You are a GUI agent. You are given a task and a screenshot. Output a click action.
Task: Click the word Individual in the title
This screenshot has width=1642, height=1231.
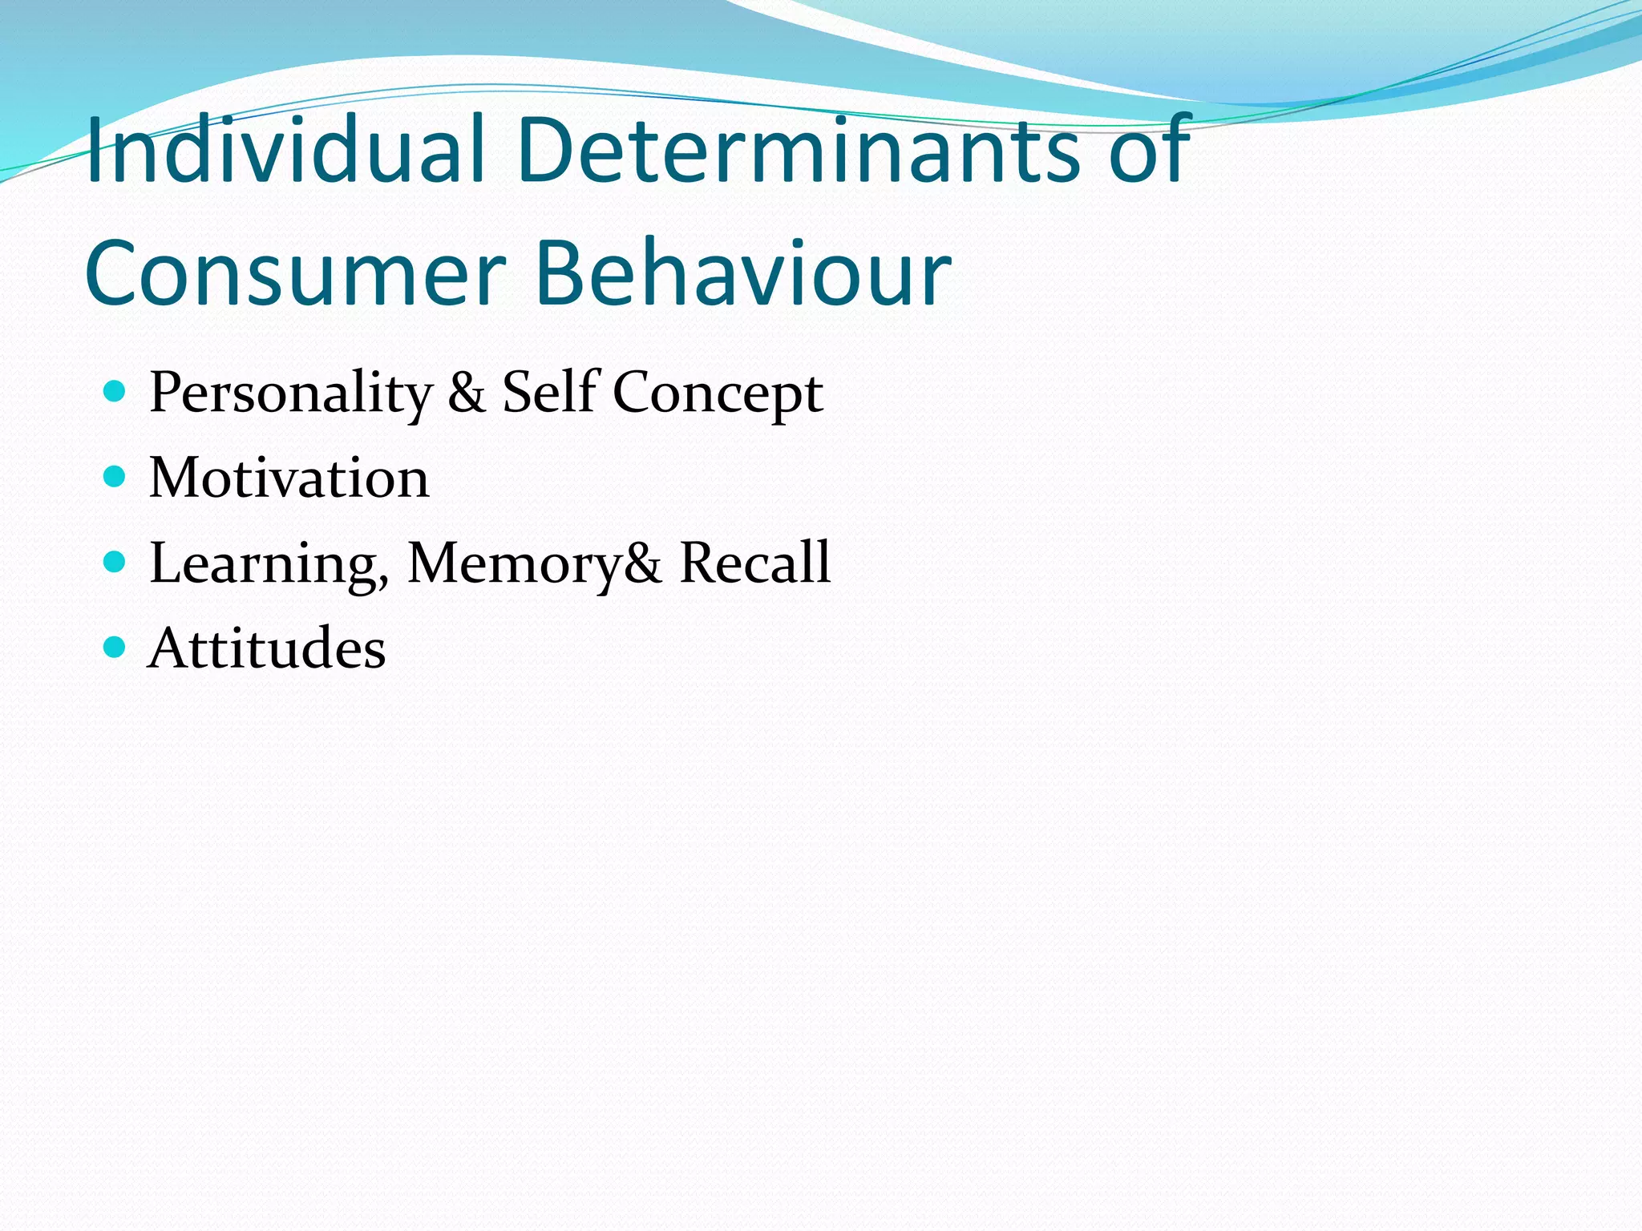click(x=285, y=151)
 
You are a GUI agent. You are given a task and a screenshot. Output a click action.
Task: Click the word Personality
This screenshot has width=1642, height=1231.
click(x=290, y=394)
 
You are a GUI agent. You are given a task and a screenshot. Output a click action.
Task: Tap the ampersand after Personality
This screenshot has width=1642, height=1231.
click(x=467, y=393)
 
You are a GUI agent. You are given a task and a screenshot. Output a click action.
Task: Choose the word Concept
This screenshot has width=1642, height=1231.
click(x=718, y=394)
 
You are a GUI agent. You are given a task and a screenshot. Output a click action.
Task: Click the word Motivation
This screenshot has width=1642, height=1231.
click(x=289, y=478)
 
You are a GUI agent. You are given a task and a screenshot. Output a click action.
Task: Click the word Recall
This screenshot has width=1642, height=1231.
click(x=754, y=563)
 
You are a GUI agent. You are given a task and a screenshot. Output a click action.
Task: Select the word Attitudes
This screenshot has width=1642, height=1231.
click(x=267, y=648)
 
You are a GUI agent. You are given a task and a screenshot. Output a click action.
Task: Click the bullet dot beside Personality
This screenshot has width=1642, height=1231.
click(x=115, y=392)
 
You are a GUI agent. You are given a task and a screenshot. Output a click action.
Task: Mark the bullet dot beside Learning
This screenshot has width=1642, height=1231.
click(x=115, y=562)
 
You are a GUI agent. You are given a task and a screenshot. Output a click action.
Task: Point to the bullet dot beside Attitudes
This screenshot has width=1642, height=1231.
click(x=115, y=647)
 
